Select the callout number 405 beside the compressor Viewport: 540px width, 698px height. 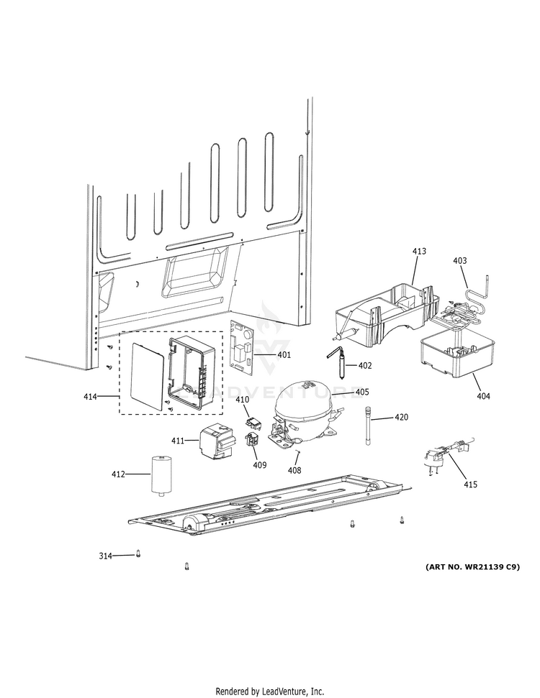pos(361,392)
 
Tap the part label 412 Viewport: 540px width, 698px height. pos(118,474)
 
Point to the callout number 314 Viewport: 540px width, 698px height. pos(106,556)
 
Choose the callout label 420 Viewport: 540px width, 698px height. pos(401,417)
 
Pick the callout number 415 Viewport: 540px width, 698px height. pos(469,484)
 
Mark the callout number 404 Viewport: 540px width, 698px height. pos(482,396)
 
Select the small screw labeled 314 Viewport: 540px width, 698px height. pos(138,554)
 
